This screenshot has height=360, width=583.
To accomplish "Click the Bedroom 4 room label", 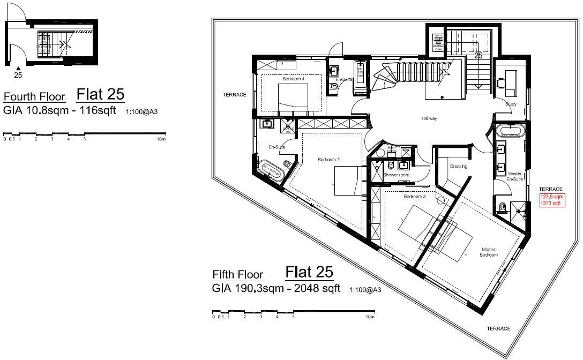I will [x=293, y=79].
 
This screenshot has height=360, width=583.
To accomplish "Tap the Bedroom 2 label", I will [x=328, y=159].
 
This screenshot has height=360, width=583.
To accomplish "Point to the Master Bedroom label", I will [x=489, y=252].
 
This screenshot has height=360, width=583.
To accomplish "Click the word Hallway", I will [x=429, y=118].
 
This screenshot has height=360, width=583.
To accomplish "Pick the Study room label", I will [x=510, y=104].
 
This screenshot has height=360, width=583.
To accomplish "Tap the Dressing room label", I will [x=459, y=167].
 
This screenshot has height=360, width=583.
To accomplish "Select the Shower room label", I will [x=396, y=175].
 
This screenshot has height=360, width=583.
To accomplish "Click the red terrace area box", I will [x=551, y=200].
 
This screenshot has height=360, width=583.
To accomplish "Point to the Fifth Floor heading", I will [x=238, y=274].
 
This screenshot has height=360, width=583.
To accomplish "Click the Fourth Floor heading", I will [x=34, y=97].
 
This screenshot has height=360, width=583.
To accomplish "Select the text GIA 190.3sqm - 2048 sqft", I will [x=276, y=289].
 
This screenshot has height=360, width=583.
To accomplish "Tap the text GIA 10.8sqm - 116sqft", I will [x=59, y=111].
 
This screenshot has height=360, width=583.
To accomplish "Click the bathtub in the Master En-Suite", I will [x=511, y=131].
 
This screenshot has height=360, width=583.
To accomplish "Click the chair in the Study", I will [x=502, y=83].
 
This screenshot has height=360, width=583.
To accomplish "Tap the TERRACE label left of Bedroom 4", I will [x=234, y=95].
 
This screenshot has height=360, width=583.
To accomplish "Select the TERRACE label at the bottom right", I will [x=498, y=328].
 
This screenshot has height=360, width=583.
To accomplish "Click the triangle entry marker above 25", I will [x=18, y=68].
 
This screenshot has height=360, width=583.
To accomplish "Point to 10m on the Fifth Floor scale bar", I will [x=369, y=317].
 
